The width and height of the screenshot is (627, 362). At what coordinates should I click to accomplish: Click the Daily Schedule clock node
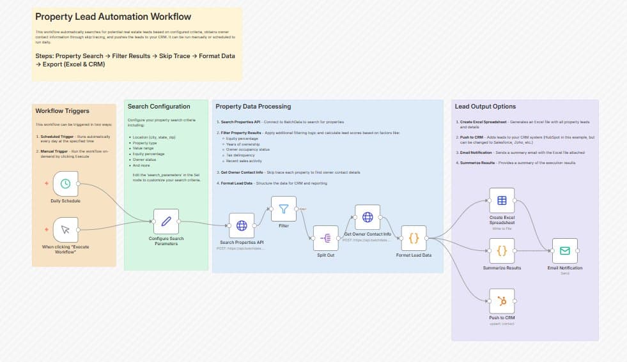click(65, 184)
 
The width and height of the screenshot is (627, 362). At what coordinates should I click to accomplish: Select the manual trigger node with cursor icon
click(65, 230)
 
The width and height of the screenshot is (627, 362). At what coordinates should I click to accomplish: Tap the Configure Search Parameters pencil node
click(166, 222)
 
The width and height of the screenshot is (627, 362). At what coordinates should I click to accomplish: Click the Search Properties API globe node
click(242, 225)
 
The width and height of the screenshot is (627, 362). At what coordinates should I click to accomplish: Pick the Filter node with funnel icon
click(284, 208)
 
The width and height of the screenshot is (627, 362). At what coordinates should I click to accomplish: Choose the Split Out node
click(325, 238)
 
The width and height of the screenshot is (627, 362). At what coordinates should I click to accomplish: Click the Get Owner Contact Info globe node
click(368, 217)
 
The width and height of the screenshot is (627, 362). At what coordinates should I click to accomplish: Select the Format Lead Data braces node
click(414, 238)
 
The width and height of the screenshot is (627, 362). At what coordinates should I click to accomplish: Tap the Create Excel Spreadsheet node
click(502, 200)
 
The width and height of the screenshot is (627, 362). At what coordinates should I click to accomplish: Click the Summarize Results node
click(502, 251)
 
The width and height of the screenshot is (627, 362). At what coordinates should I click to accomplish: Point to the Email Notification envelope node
click(565, 251)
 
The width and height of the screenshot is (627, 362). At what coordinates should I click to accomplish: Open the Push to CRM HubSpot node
click(502, 301)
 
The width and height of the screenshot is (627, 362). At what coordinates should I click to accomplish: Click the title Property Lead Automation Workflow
click(113, 17)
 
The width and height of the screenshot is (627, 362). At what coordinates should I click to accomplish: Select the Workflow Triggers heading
click(63, 111)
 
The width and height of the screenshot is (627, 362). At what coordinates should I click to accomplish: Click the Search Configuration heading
click(159, 106)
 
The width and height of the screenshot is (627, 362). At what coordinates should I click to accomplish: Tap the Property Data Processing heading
click(253, 106)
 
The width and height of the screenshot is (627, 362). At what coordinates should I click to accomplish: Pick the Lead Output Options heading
click(485, 106)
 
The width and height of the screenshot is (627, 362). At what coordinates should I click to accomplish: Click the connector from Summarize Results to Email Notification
click(534, 251)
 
